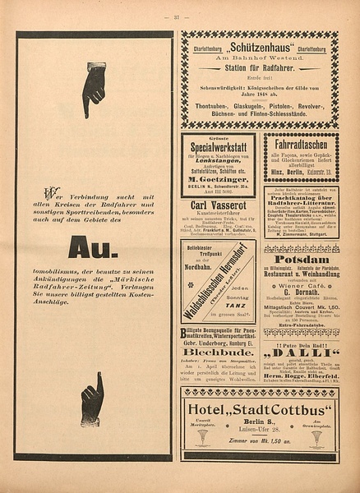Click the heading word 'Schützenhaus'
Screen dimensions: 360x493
(x=261, y=48)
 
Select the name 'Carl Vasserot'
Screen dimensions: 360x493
(x=219, y=205)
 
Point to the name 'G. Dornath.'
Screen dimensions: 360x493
(x=302, y=290)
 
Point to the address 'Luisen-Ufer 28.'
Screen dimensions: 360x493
(x=260, y=429)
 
